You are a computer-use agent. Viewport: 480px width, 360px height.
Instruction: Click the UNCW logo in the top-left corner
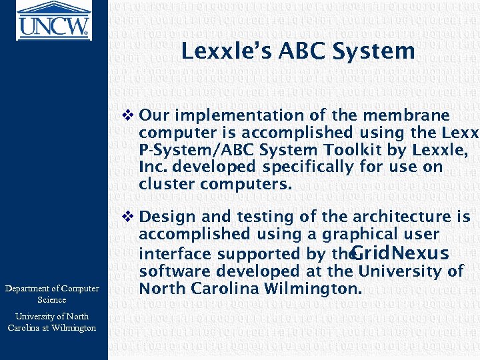(x=53, y=20)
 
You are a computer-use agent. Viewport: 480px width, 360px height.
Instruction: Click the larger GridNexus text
(x=399, y=253)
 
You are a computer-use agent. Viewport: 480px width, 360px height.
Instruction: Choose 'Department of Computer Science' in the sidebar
(x=52, y=294)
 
